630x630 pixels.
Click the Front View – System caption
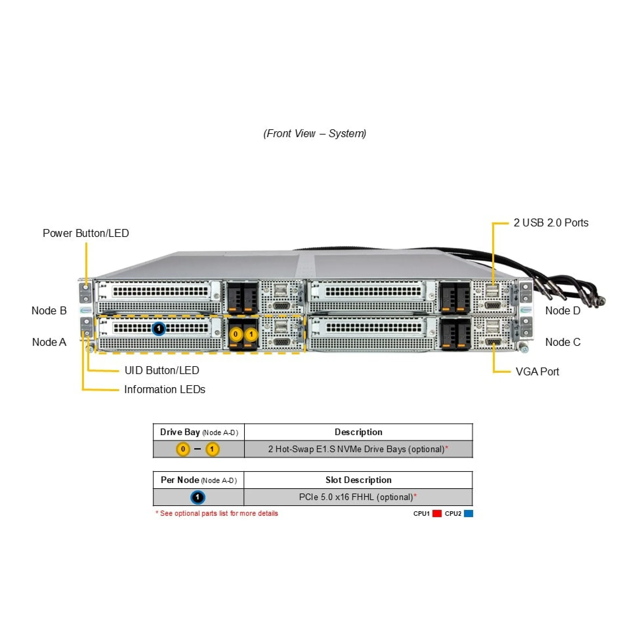coord(314,134)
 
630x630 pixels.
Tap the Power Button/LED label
coord(86,233)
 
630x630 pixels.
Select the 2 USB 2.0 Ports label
coord(551,223)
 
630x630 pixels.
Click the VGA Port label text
coord(537,372)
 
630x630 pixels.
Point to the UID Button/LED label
coord(162,370)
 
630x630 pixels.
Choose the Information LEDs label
coord(164,389)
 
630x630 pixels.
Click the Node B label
coord(49,310)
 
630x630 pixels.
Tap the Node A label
coord(49,342)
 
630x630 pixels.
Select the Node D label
coord(562,310)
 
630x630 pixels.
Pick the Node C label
coord(562,342)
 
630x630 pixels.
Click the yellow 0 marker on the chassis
coord(235,334)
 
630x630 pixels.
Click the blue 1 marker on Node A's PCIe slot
coord(159,328)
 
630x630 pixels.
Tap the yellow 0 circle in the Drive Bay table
coord(183,449)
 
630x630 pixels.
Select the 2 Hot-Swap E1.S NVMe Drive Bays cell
coord(358,449)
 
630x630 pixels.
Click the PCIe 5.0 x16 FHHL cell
coord(358,497)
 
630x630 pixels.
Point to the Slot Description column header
coord(358,480)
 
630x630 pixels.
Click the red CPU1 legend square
coord(437,514)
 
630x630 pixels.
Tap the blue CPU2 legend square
coord(469,514)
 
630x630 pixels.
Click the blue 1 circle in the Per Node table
coord(198,497)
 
